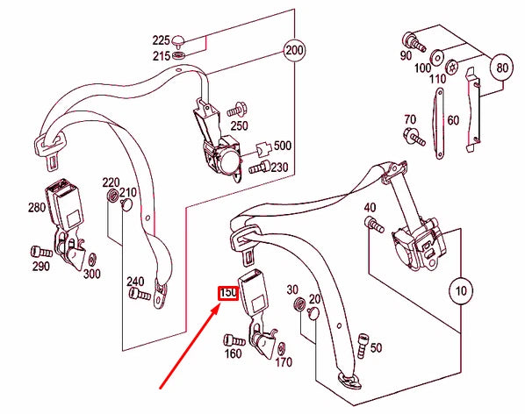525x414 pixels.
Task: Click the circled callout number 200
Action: point(292,51)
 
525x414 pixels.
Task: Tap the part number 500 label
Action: point(283,146)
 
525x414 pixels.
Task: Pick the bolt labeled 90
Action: point(410,39)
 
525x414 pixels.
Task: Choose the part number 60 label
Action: point(453,120)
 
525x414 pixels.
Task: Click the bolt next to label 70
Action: point(412,135)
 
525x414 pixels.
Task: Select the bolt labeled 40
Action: point(371,225)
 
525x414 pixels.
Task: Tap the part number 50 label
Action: point(376,348)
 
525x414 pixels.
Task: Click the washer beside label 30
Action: point(297,304)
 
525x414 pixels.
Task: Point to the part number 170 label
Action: point(284,361)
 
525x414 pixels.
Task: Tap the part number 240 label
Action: point(134,282)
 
